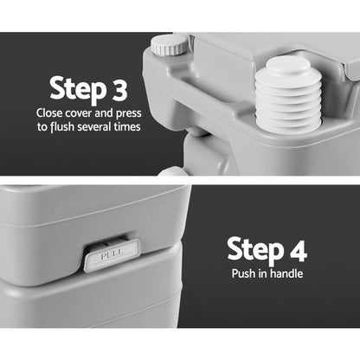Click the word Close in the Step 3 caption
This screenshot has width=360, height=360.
[50, 112]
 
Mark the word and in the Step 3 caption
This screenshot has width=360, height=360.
[110, 112]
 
